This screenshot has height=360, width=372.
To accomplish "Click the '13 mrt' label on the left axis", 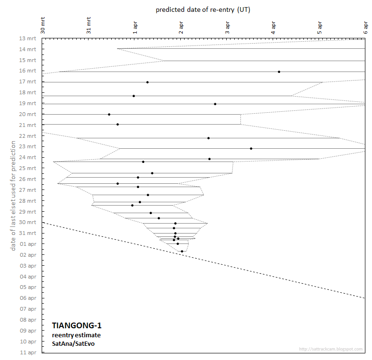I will tap(27, 38).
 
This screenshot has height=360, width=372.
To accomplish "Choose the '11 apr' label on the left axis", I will tap(28, 352).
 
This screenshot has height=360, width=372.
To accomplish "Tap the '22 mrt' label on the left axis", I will tap(27, 136).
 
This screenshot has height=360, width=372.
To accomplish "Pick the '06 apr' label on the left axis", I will tap(28, 298).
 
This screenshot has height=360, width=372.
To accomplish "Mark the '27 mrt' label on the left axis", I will tap(27, 190).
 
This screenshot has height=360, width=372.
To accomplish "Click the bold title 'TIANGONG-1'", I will tap(76, 325).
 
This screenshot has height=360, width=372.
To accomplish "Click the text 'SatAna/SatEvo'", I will tap(73, 343).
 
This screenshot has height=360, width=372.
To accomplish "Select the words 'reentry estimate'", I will tap(76, 335).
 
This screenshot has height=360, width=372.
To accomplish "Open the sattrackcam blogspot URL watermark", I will tap(331, 350).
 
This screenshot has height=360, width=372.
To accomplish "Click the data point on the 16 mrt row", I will tap(279, 72).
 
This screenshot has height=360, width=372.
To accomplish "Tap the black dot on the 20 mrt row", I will tap(109, 114).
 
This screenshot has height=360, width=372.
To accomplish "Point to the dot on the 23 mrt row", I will tap(251, 148).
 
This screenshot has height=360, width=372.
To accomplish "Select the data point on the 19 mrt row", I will tap(215, 104).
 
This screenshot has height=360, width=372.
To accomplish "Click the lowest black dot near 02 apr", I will tap(182, 251).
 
